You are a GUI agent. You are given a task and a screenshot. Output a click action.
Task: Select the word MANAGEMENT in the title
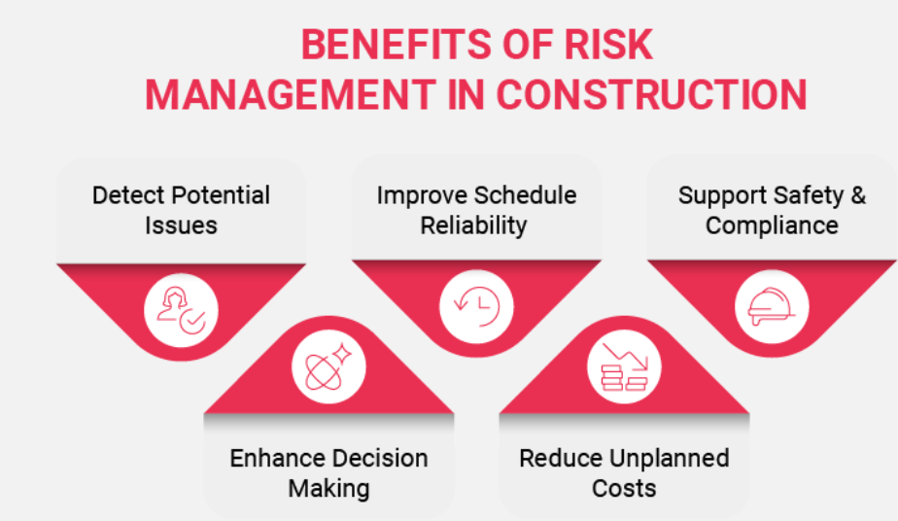tap(291, 94)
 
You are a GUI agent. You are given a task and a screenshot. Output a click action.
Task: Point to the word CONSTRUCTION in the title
tap(652, 94)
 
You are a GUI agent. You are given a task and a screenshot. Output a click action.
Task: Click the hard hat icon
tap(772, 307)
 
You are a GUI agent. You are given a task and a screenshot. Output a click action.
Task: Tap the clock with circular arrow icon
tap(476, 306)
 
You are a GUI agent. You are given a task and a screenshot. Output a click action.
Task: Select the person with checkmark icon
tap(181, 310)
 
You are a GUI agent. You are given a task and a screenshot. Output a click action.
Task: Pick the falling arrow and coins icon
tap(624, 367)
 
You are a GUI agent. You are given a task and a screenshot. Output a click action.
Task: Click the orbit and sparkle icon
tap(328, 367)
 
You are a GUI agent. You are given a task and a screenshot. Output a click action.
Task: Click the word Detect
tap(127, 195)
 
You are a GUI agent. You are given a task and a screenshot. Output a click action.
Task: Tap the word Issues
tap(181, 226)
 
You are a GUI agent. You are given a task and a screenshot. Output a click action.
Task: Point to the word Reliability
tap(473, 226)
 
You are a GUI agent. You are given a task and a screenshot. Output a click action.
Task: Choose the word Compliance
tap(772, 226)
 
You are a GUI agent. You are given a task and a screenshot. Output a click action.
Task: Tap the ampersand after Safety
tap(858, 195)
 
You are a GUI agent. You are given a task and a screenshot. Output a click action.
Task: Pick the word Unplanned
tap(669, 459)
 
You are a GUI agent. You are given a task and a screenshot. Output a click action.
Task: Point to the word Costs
tap(624, 489)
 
